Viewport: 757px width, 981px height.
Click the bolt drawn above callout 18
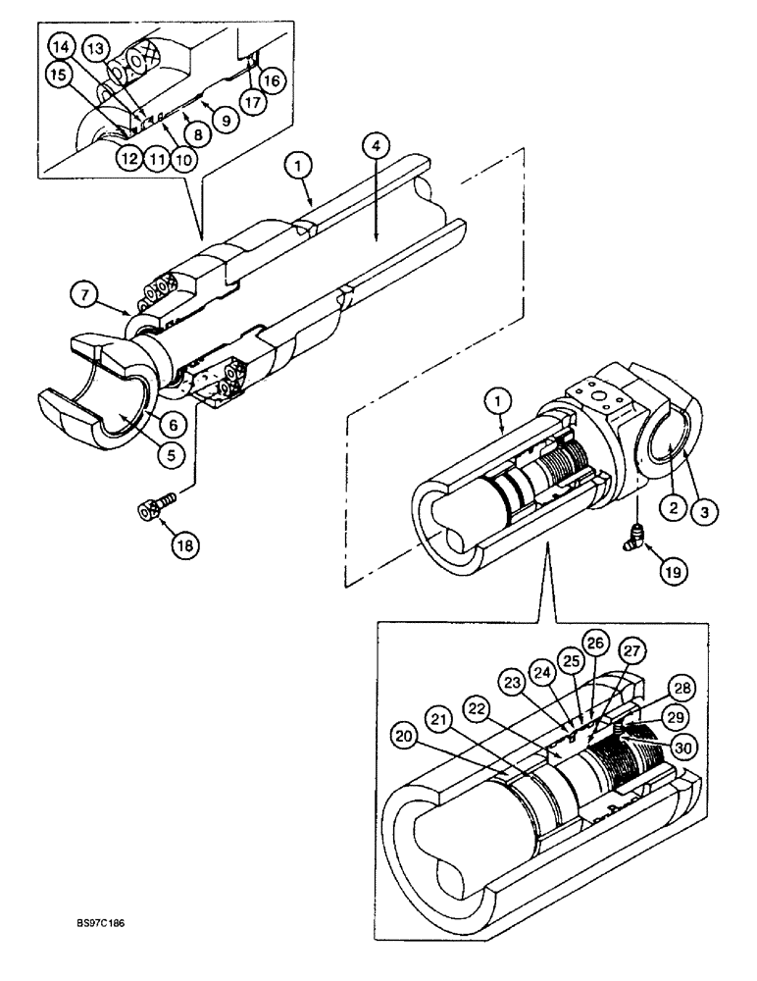pos(156,507)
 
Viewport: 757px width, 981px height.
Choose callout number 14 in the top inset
pos(60,47)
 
